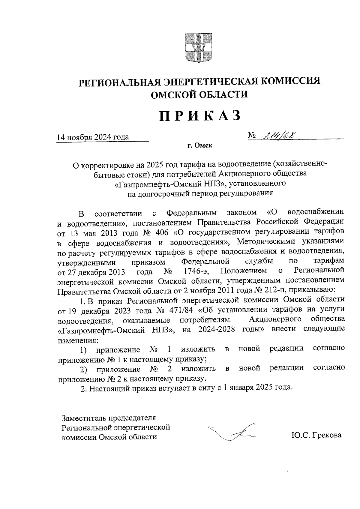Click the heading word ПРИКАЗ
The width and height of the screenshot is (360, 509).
pyautogui.click(x=200, y=116)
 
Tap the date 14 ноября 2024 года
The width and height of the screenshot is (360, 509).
pyautogui.click(x=93, y=137)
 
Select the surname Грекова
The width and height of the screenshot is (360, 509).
pyautogui.click(x=327, y=435)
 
